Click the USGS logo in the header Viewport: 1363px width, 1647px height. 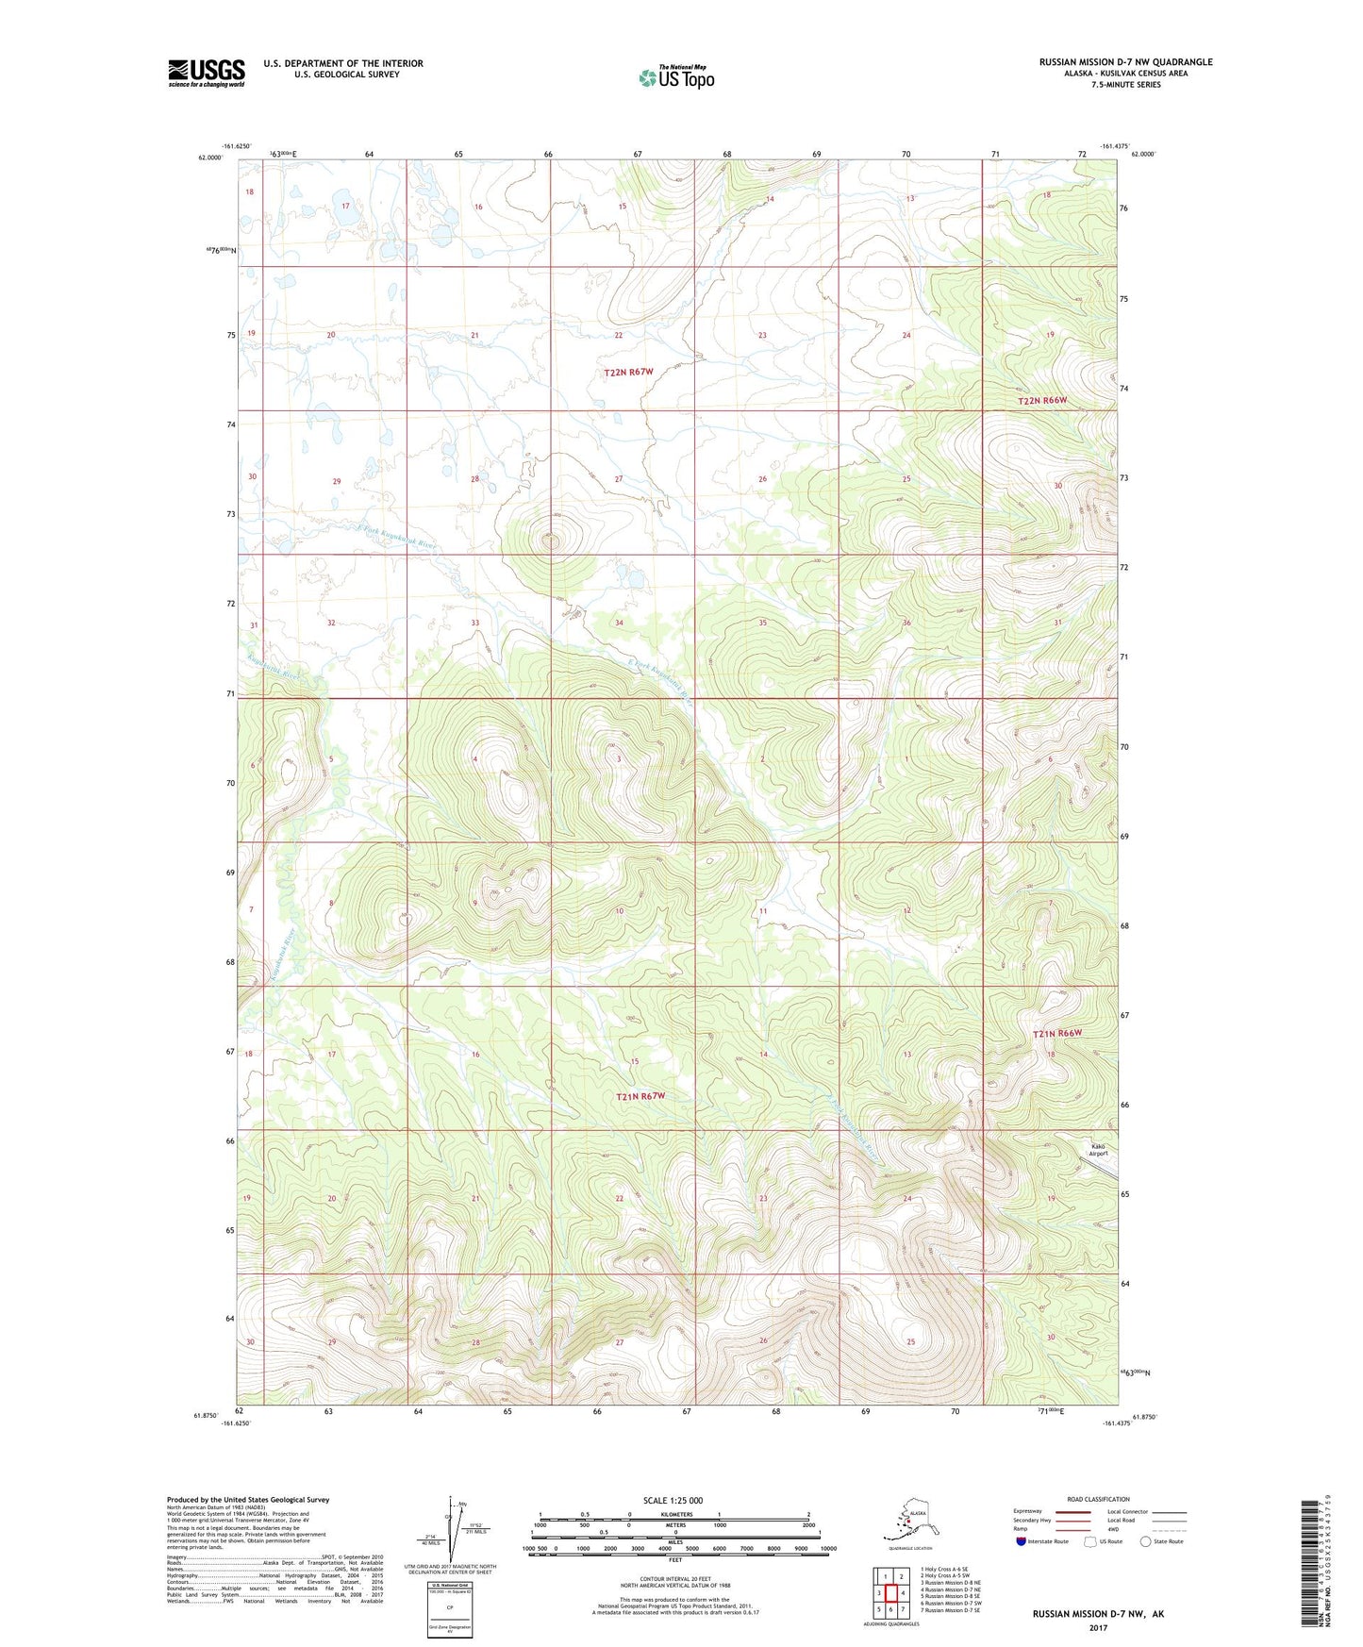click(x=206, y=73)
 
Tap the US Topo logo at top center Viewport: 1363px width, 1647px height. click(x=676, y=76)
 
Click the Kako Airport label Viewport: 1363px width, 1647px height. click(x=1098, y=1150)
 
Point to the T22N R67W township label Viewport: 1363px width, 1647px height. click(x=628, y=372)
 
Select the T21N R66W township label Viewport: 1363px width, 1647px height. click(x=1056, y=1033)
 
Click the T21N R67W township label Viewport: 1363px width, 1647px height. click(x=640, y=1096)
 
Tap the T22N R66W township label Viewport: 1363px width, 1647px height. click(x=1042, y=401)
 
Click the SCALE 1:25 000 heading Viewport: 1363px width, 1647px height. click(x=673, y=1500)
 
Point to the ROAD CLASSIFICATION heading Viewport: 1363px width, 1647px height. click(x=1098, y=1499)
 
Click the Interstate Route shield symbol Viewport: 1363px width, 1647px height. click(x=1021, y=1541)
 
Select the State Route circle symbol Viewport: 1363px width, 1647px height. click(x=1145, y=1541)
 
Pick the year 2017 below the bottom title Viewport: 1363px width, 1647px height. click(x=1097, y=1627)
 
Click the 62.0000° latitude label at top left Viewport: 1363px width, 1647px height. click(x=211, y=158)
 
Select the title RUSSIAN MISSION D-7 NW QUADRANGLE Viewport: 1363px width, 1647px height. click(x=1125, y=62)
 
